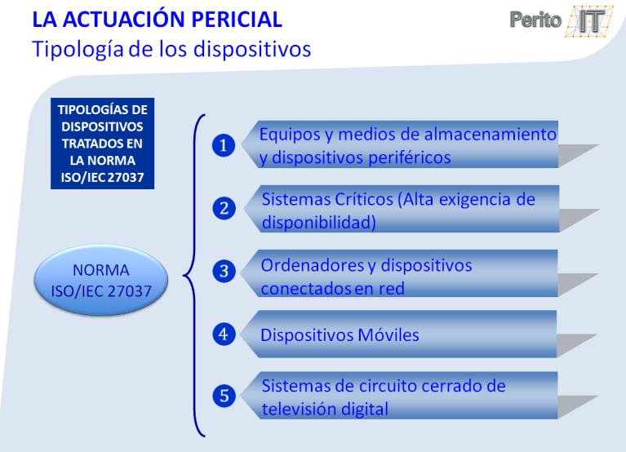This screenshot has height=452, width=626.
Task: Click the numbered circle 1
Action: click(224, 146)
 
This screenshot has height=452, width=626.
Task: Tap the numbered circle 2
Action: click(224, 209)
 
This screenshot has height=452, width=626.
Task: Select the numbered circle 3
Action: click(224, 272)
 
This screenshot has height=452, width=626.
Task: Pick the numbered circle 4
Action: click(224, 334)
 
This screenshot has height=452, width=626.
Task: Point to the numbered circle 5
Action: click(224, 397)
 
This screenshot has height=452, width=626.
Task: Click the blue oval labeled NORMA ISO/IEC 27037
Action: click(101, 280)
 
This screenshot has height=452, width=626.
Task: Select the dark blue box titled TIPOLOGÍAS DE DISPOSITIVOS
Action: click(102, 144)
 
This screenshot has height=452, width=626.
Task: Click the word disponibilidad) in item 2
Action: click(318, 222)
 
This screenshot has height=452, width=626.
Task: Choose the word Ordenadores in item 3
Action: click(318, 265)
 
